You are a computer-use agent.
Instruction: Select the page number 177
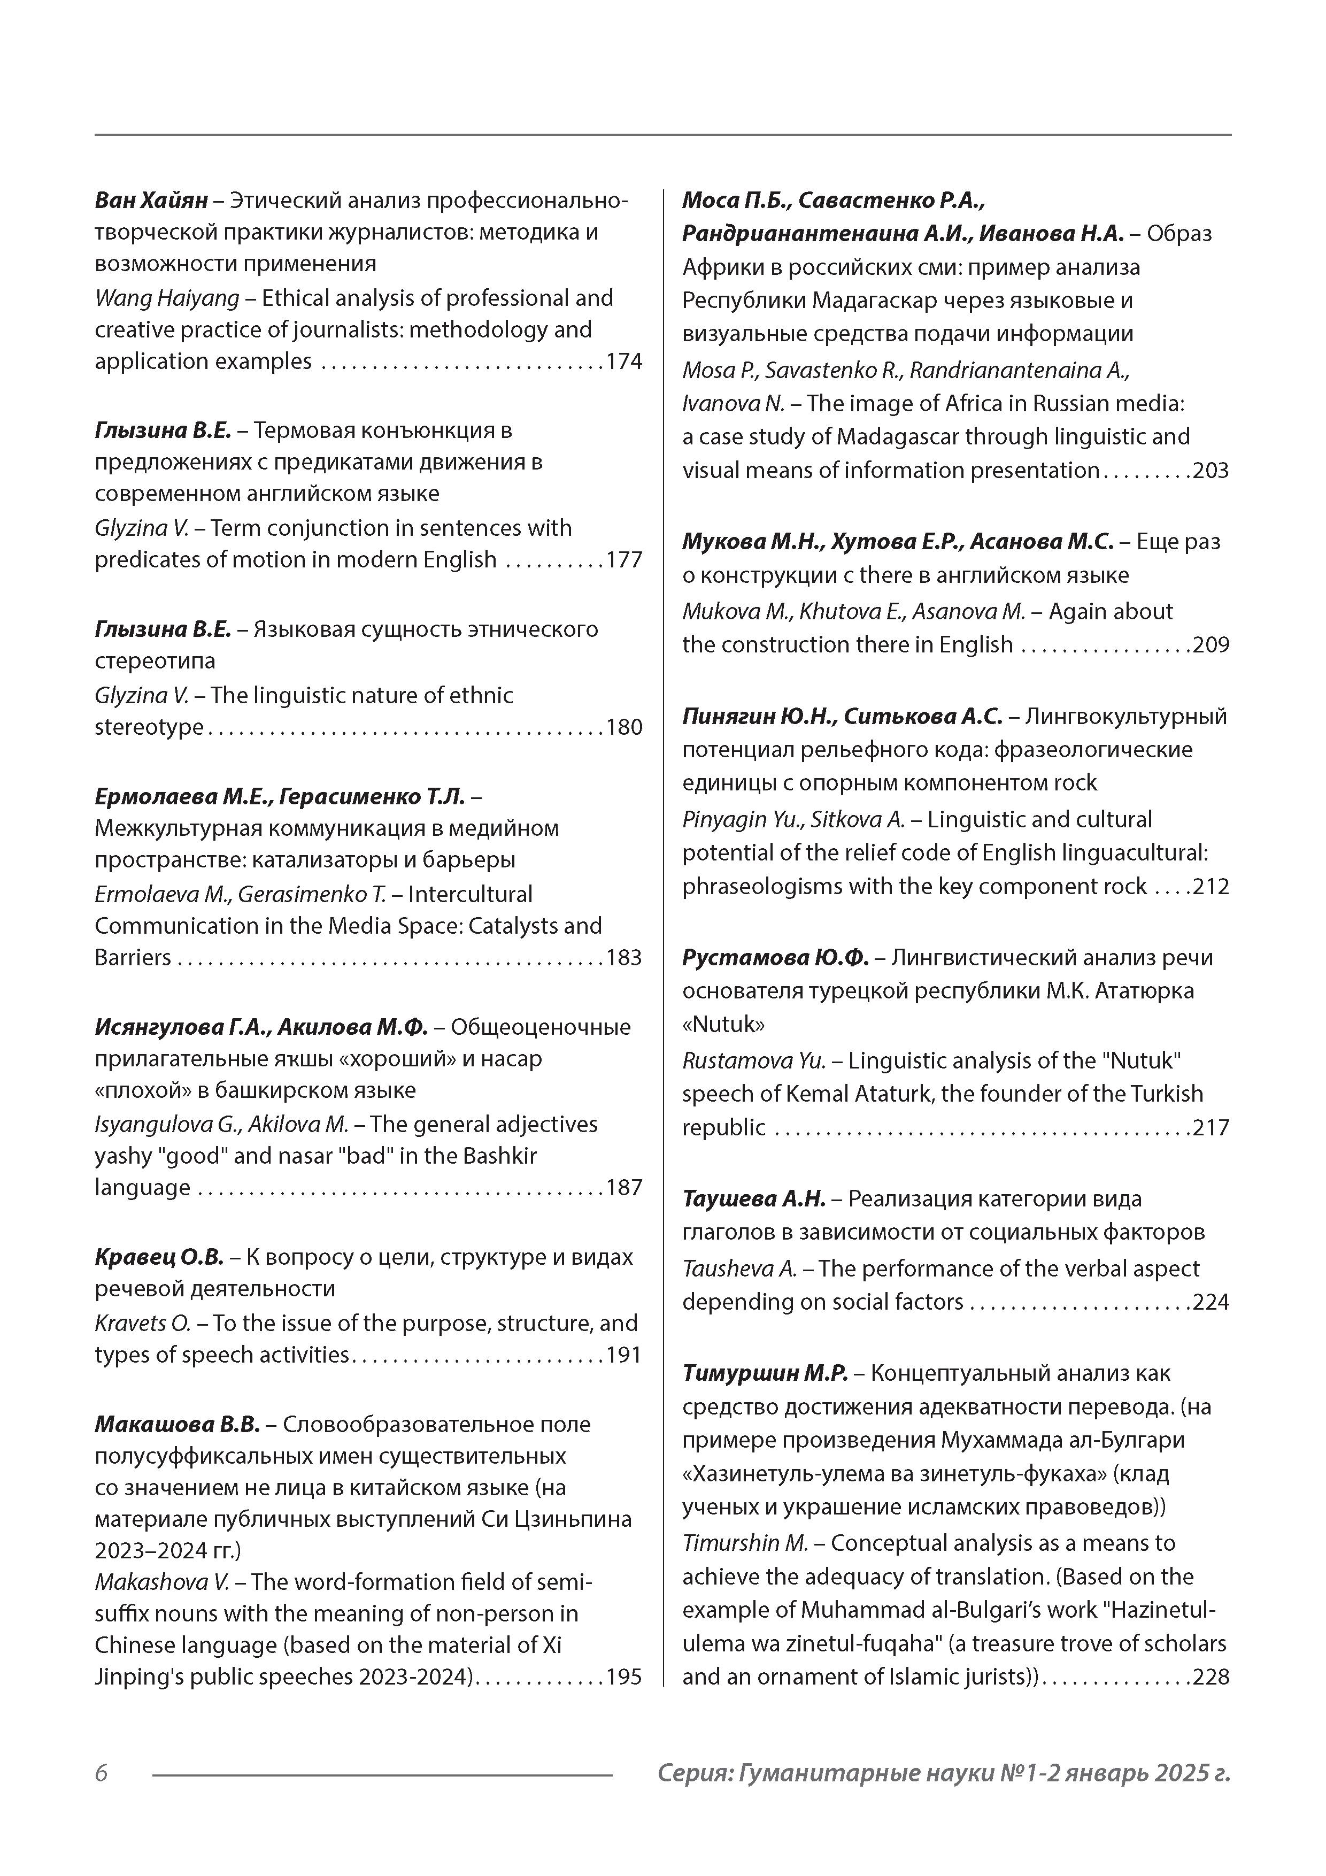(624, 560)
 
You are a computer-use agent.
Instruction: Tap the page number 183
(624, 958)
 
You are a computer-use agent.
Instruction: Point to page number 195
(624, 1677)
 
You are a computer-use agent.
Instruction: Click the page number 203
(1211, 471)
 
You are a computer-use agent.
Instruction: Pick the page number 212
(1211, 887)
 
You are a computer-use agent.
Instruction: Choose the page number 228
(1211, 1677)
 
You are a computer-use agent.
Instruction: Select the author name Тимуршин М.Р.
(766, 1373)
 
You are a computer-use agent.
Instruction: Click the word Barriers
(133, 958)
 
